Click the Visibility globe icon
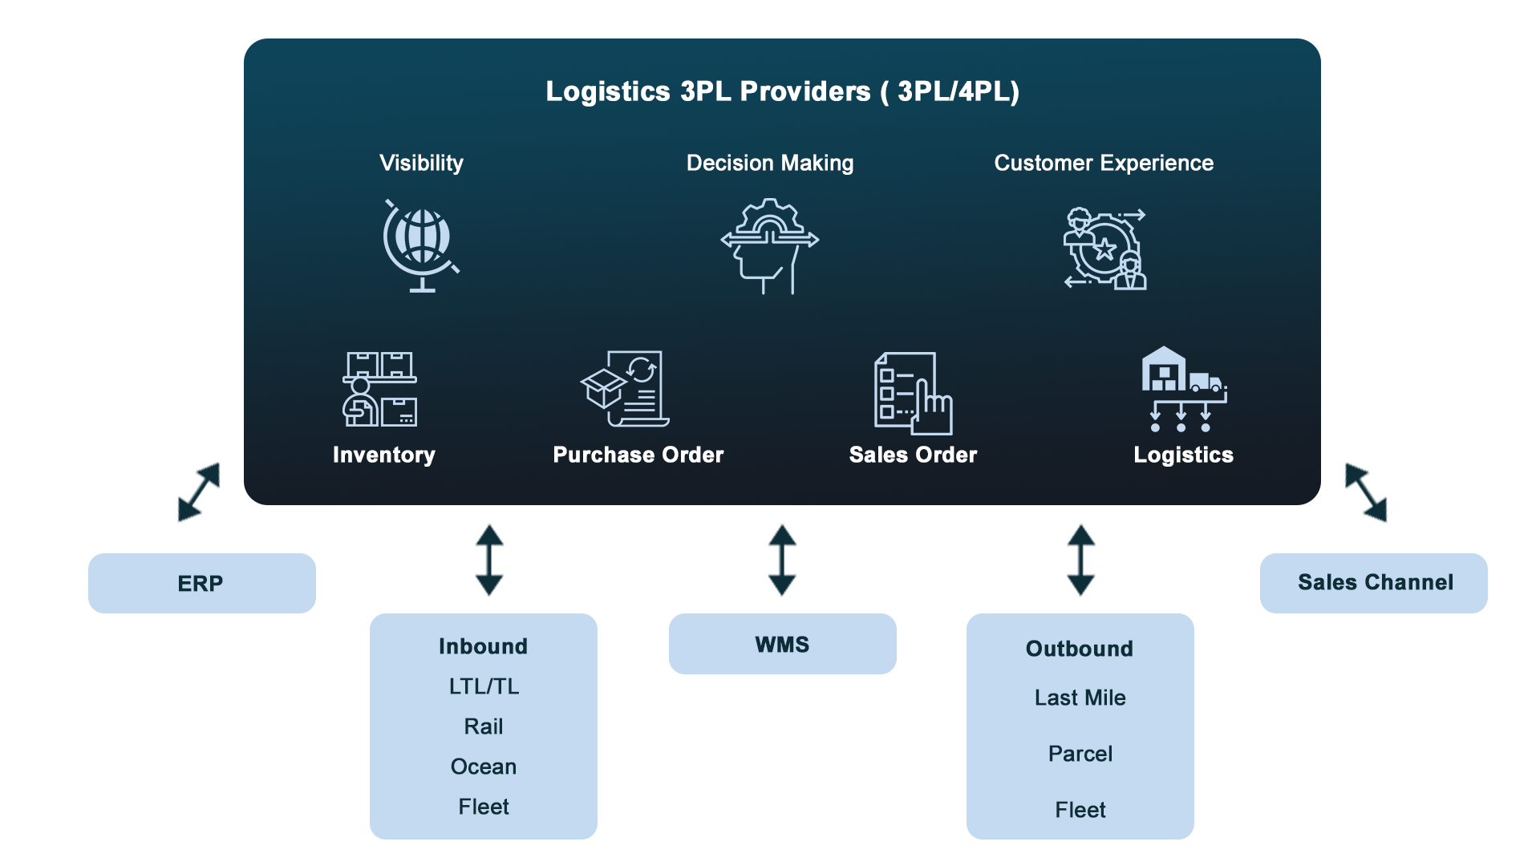point(421,245)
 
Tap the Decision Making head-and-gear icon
point(770,245)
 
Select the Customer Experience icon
point(1104,249)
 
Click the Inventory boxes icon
point(380,390)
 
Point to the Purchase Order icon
point(626,389)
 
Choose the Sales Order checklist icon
point(913,393)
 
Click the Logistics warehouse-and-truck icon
point(1184,389)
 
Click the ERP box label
point(201,584)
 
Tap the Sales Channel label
point(1375,583)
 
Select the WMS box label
point(782,645)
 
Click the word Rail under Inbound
point(484,726)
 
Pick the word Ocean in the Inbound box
point(484,767)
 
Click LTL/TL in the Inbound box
point(484,686)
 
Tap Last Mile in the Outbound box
point(1080,698)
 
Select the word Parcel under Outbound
point(1080,754)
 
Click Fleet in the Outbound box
point(1080,810)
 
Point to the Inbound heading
point(483,646)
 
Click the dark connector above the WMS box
point(783,560)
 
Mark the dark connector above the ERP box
point(198,492)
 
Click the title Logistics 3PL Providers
point(782,91)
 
